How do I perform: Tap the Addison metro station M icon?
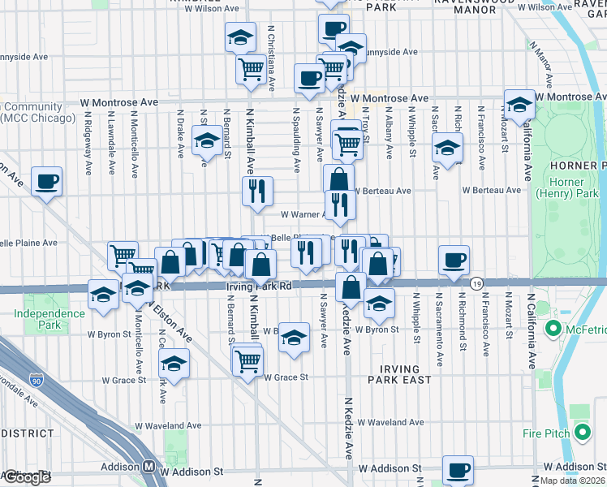149,468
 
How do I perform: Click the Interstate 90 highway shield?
37,379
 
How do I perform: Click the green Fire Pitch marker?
581,433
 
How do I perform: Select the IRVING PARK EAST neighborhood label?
405,374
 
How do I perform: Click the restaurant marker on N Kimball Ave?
257,192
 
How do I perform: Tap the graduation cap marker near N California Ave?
519,104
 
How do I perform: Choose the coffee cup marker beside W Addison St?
458,469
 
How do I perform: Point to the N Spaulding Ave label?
297,140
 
